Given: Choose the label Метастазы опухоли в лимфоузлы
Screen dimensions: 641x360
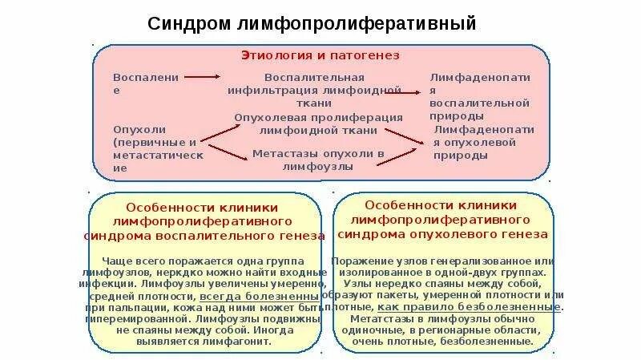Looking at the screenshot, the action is point(319,159).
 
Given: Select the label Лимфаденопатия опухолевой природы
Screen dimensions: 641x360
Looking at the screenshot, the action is point(483,142).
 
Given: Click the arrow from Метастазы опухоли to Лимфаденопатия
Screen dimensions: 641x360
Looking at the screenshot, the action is point(401,152).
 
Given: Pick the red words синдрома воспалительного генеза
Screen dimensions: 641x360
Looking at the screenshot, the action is point(204,236).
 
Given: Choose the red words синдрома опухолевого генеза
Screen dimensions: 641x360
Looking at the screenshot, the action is point(443,234).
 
